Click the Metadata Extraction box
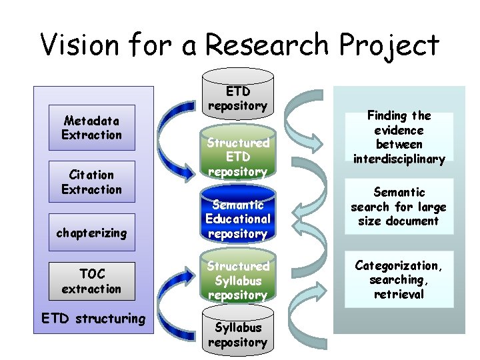tap(91, 128)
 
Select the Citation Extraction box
tap(91, 182)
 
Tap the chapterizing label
tap(91, 233)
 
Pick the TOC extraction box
tap(91, 281)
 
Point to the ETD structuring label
tap(93, 318)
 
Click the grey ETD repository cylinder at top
tap(237, 97)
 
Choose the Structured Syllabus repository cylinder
tap(237, 280)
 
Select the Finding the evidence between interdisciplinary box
tap(399, 137)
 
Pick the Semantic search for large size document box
tap(399, 207)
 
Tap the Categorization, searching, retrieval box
tap(399, 279)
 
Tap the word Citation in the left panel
tap(91, 175)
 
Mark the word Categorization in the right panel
tap(399, 265)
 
